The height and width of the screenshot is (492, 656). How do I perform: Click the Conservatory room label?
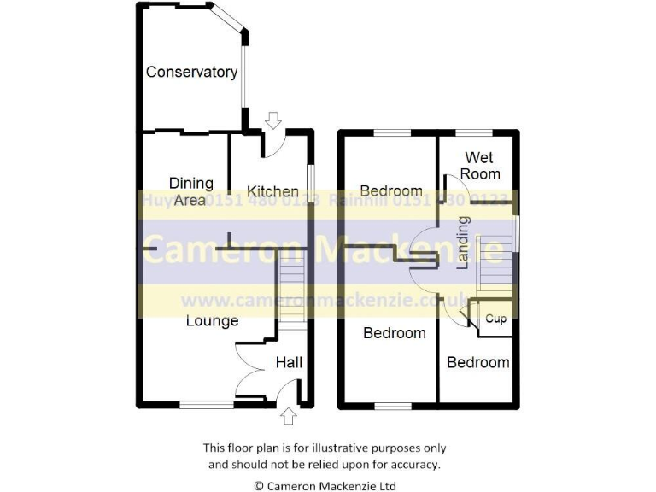coord(191,73)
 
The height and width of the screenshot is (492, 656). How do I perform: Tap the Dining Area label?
coord(190,191)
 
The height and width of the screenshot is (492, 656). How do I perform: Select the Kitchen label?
coord(272,191)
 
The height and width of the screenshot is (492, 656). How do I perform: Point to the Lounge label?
coord(212,321)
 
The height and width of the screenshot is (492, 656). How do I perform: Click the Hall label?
coord(289,363)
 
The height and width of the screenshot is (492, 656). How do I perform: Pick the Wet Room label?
coord(481,166)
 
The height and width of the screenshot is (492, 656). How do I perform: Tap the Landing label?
coord(463,243)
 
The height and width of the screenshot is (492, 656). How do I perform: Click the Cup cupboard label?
coord(495,319)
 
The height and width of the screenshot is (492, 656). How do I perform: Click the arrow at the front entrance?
coord(288,416)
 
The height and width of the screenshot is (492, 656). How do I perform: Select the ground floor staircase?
coord(292,294)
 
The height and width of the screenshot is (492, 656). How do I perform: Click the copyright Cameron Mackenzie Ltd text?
coord(325,485)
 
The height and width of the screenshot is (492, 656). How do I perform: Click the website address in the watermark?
coord(325,301)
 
